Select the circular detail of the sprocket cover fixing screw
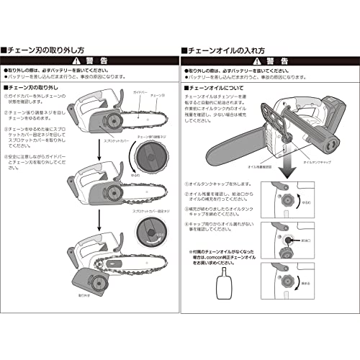[152, 236]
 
